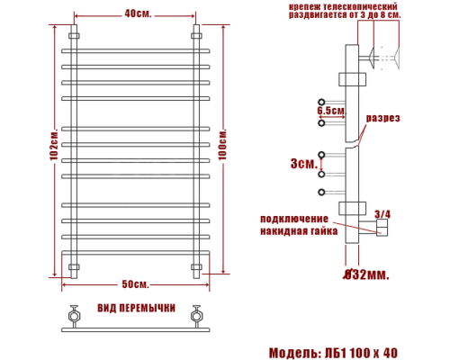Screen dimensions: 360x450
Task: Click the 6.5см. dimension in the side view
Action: pyautogui.click(x=331, y=110)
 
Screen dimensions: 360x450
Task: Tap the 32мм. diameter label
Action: pyautogui.click(x=366, y=274)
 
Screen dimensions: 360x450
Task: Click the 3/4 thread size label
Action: pyautogui.click(x=382, y=213)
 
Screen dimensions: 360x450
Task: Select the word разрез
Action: pyautogui.click(x=382, y=118)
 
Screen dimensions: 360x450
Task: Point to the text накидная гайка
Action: pyautogui.click(x=299, y=231)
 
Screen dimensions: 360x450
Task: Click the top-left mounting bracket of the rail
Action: pyautogui.click(x=73, y=37)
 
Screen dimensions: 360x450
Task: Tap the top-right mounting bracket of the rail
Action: pyautogui.click(x=197, y=37)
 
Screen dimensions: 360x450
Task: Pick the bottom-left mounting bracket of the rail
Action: pyautogui.click(x=73, y=266)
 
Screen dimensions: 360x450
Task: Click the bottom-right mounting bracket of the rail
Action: pyautogui.click(x=197, y=266)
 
